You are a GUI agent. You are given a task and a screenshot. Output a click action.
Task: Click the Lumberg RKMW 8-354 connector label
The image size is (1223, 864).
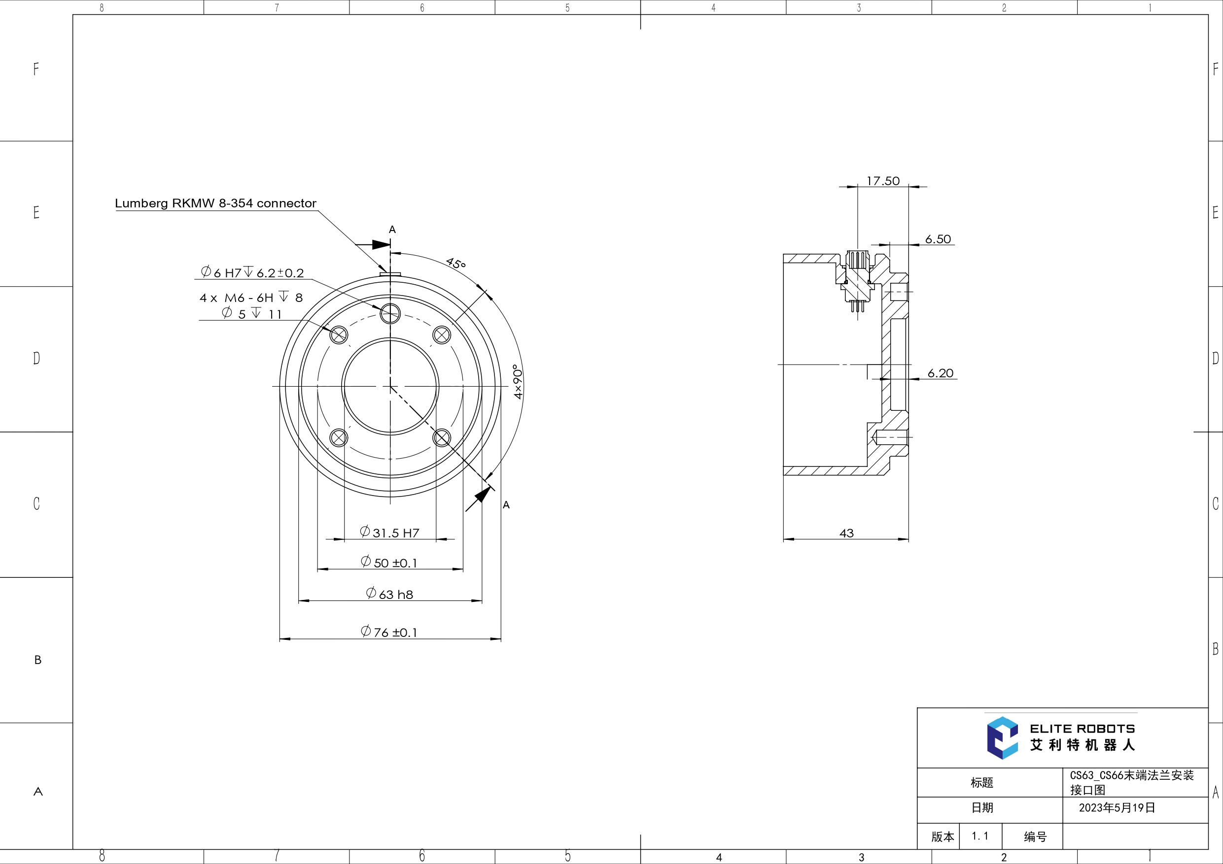215,203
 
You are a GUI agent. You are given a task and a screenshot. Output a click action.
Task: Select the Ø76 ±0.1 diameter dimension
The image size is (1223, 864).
389,632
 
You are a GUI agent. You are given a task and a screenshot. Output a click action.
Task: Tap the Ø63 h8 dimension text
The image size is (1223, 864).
389,594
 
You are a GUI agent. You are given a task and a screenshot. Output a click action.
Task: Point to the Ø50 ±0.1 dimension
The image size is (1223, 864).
389,562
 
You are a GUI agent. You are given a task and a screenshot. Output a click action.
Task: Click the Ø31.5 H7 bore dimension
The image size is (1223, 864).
389,532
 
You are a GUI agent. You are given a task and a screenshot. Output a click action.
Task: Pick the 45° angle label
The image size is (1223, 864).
456,263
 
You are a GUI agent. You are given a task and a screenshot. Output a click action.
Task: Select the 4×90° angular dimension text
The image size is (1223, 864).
518,381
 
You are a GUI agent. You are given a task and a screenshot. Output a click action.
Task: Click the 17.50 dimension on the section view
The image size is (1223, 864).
883,181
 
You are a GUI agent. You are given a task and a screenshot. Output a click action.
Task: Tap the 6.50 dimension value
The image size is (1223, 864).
938,239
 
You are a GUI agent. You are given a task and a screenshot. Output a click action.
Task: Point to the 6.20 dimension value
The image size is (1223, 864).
940,373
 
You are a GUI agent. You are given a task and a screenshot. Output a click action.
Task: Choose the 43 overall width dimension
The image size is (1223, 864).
846,533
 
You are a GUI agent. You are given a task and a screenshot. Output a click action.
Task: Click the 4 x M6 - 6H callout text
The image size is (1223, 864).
251,298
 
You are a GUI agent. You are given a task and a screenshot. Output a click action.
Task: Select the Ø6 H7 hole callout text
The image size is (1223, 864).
252,272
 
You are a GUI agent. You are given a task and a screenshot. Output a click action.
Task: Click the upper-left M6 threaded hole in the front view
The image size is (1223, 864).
339,335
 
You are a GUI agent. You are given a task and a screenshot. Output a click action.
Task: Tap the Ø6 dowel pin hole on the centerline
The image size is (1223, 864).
390,314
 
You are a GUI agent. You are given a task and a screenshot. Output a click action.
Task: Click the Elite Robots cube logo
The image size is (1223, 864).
1002,738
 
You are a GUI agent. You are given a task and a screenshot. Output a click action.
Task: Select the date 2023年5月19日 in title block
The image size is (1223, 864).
1117,807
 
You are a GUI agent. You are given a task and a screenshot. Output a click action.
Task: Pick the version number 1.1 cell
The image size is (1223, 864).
979,836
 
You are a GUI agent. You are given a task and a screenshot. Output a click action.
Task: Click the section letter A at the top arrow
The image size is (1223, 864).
392,230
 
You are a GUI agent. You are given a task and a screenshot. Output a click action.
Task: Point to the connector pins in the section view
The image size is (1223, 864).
857,306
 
